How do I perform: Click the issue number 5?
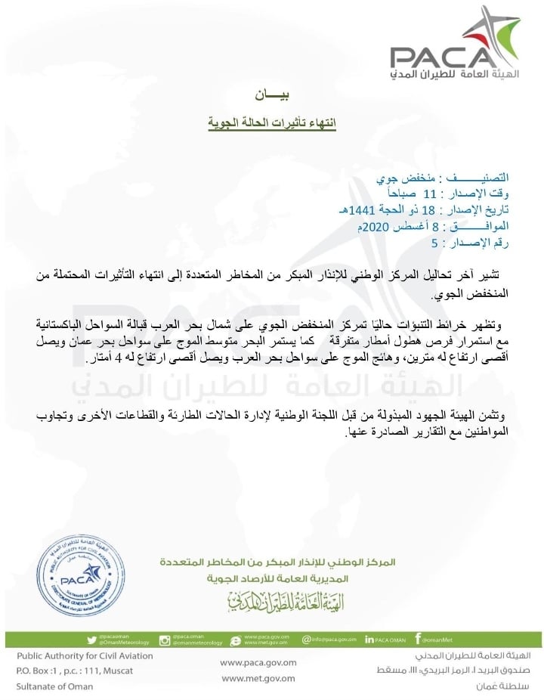point(434,243)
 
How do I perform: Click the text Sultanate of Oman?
point(54,686)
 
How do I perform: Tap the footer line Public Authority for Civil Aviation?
point(85,656)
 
